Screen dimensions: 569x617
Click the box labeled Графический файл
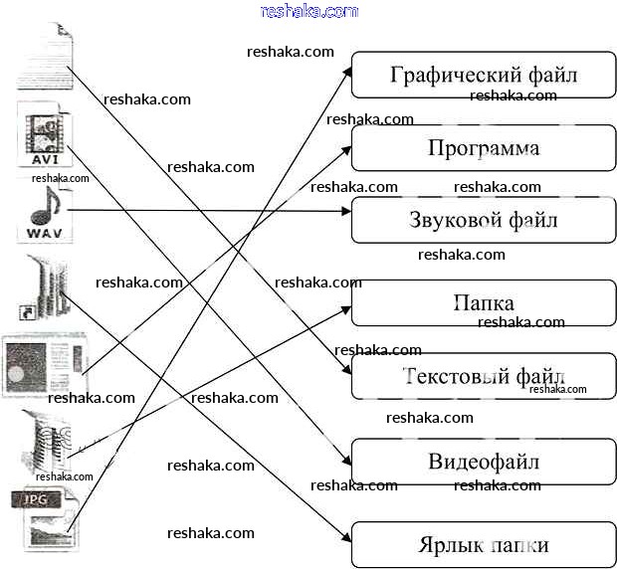(484, 75)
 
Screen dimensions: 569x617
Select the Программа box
(484, 148)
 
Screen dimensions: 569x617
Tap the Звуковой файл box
(484, 221)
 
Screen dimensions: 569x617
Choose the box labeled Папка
(484, 302)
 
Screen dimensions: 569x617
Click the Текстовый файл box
(484, 376)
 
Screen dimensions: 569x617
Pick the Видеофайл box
(484, 462)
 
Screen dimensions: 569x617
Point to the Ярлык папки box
(484, 545)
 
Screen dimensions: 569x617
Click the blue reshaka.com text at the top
(308, 11)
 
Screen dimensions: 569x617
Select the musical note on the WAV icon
(45, 206)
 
